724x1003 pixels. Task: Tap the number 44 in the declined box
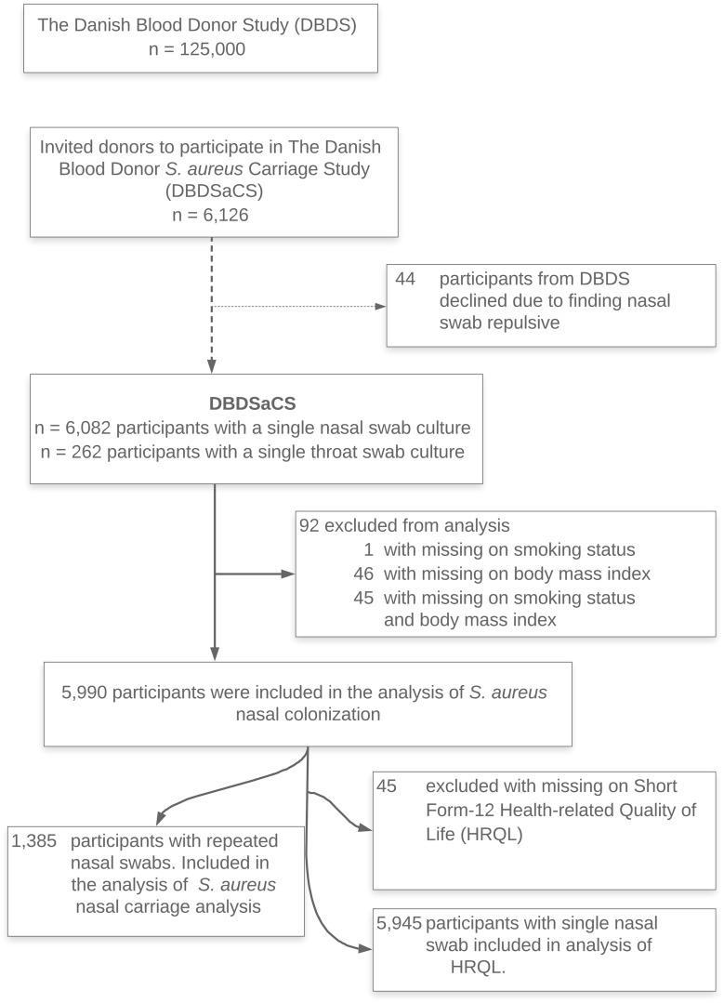point(405,279)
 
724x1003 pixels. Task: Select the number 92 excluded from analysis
point(309,525)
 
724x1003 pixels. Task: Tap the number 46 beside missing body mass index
point(363,573)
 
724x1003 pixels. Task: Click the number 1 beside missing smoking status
point(370,548)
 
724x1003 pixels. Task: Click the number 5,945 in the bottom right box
point(399,923)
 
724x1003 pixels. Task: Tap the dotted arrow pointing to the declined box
point(297,306)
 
